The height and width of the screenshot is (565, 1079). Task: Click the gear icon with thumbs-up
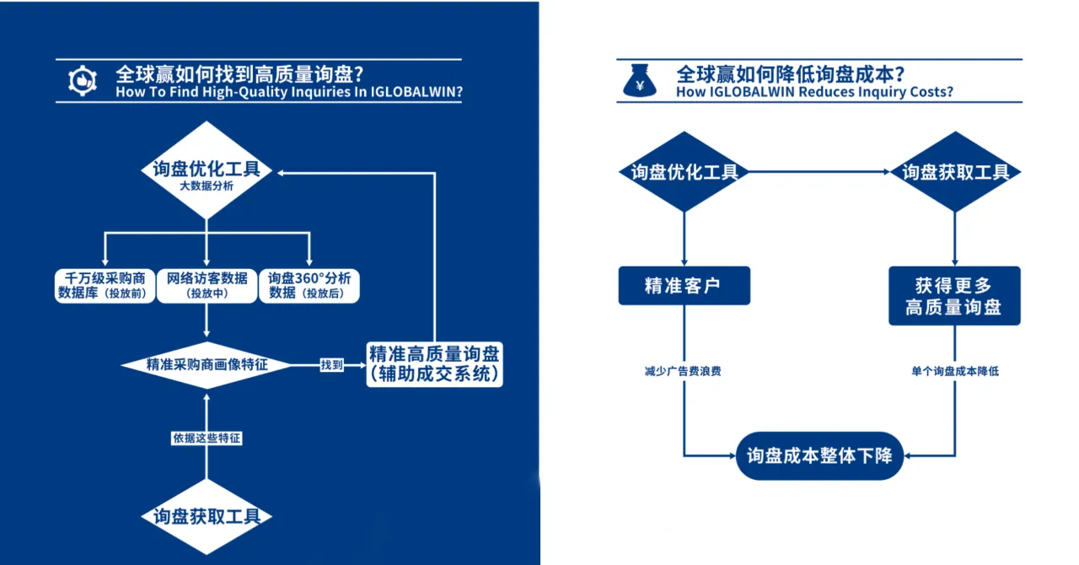coord(83,80)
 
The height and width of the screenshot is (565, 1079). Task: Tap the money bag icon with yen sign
coord(640,81)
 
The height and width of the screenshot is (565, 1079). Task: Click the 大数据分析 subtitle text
coord(207,186)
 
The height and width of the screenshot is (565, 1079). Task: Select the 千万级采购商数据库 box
coord(105,285)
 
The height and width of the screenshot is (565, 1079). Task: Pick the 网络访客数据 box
coord(207,285)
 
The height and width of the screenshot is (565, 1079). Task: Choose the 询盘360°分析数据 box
coord(309,285)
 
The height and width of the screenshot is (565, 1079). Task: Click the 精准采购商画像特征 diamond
coord(207,365)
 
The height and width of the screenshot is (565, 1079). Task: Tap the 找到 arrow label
coord(331,365)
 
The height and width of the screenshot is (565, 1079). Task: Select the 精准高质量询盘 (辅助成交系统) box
coord(435,364)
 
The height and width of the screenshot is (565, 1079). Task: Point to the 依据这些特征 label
coord(207,439)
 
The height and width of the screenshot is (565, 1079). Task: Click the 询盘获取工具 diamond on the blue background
coord(207,516)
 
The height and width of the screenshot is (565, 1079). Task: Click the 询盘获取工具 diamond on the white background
coord(955,172)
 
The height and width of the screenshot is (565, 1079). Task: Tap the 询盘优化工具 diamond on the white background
coord(684,172)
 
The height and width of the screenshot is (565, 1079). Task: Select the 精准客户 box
coord(684,286)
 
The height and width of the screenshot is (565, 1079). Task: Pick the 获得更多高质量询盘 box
coord(954,296)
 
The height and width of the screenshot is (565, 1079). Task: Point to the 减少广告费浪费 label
coord(683,371)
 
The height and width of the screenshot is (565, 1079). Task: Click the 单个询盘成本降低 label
coord(954,371)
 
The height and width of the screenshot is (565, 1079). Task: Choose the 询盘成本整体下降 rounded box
coord(819,455)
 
